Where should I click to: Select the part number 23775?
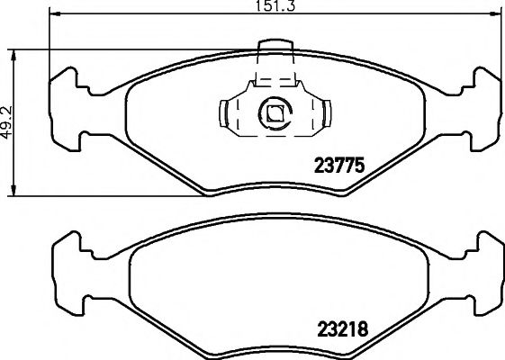(338, 166)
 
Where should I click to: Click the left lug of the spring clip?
(222, 113)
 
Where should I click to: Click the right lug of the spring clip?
(329, 113)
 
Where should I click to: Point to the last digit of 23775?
(357, 166)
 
